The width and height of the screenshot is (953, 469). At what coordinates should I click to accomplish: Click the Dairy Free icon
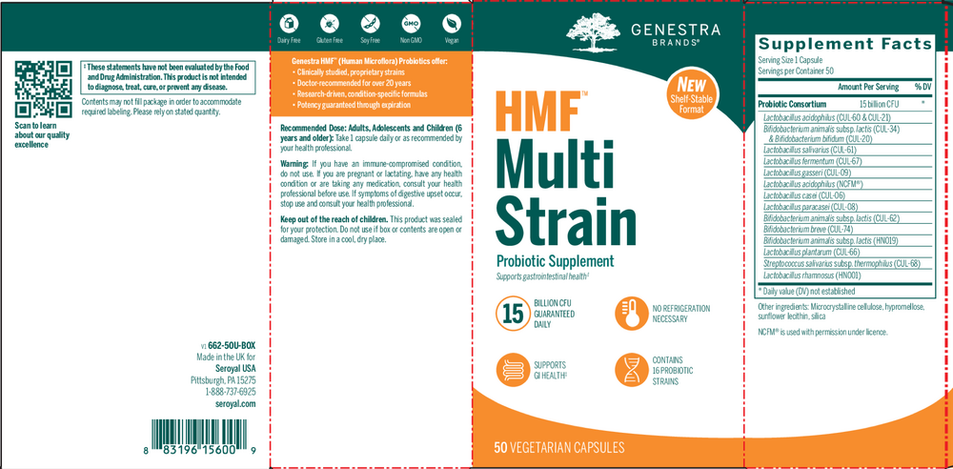(x=286, y=23)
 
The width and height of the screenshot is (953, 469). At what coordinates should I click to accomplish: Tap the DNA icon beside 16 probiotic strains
(x=630, y=369)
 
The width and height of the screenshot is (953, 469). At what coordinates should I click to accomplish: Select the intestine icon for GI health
(x=513, y=369)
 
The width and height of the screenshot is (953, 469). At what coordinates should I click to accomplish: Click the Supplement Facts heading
(x=844, y=45)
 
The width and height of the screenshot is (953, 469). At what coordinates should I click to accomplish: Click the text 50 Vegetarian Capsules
(x=558, y=446)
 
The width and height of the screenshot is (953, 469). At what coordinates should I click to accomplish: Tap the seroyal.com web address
(x=236, y=403)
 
